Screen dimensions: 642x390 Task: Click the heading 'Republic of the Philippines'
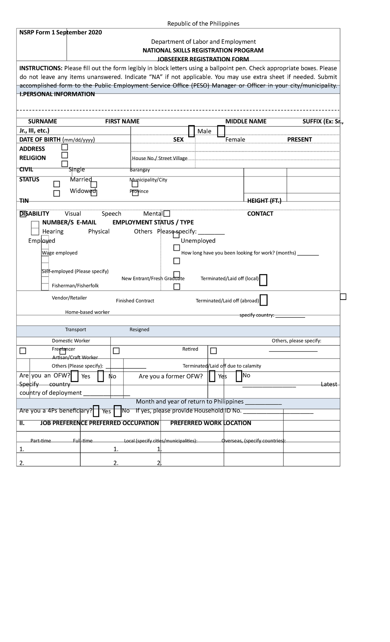(x=203, y=24)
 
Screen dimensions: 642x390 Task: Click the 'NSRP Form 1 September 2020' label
(x=60, y=32)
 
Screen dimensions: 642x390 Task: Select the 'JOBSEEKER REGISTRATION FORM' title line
(x=203, y=59)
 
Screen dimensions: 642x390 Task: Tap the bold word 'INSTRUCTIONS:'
(x=41, y=68)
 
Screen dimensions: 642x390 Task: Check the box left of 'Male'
(x=191, y=131)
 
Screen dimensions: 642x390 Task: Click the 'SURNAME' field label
(x=42, y=122)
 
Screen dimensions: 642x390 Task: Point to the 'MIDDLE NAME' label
(x=246, y=122)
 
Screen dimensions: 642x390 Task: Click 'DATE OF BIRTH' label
(x=40, y=140)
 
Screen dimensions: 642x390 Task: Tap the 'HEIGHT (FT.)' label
(x=264, y=201)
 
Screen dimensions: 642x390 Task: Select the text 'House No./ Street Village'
(x=160, y=158)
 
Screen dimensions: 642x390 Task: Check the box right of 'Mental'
(x=167, y=214)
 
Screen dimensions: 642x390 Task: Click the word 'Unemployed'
(x=198, y=241)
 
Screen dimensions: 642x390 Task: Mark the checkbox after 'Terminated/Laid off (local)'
(x=263, y=280)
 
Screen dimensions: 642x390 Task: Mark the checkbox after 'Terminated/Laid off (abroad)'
(x=264, y=300)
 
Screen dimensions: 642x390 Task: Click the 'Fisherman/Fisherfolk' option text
(x=75, y=286)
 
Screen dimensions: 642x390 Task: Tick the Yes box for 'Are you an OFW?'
(x=74, y=376)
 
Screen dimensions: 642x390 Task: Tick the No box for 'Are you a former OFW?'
(x=239, y=376)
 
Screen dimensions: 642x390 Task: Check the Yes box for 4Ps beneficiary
(x=96, y=411)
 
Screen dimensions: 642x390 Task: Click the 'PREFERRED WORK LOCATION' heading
(x=211, y=423)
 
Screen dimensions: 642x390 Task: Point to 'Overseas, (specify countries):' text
(x=253, y=441)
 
